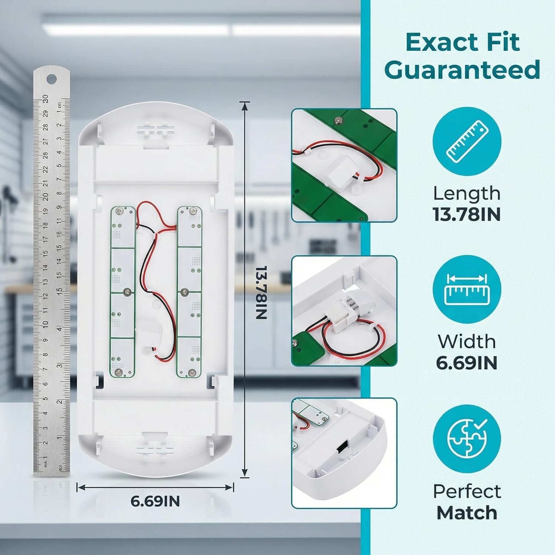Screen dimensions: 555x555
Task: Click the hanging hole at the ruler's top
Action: (51, 78)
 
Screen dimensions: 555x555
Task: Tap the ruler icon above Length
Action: (467, 141)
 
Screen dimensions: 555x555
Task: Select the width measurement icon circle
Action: (467, 289)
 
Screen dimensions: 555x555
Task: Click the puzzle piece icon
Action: (467, 438)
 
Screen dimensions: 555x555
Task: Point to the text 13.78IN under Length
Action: (467, 214)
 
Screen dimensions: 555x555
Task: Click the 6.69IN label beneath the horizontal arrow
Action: (155, 501)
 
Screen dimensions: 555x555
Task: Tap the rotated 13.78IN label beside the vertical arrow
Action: (262, 292)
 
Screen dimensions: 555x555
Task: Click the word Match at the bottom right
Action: (467, 513)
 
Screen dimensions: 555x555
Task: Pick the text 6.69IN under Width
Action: (467, 363)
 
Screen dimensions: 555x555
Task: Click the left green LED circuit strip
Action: (122, 292)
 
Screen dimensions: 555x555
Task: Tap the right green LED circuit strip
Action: (189, 292)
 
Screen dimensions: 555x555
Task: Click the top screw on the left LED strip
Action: (119, 211)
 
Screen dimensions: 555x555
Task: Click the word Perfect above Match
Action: (467, 491)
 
